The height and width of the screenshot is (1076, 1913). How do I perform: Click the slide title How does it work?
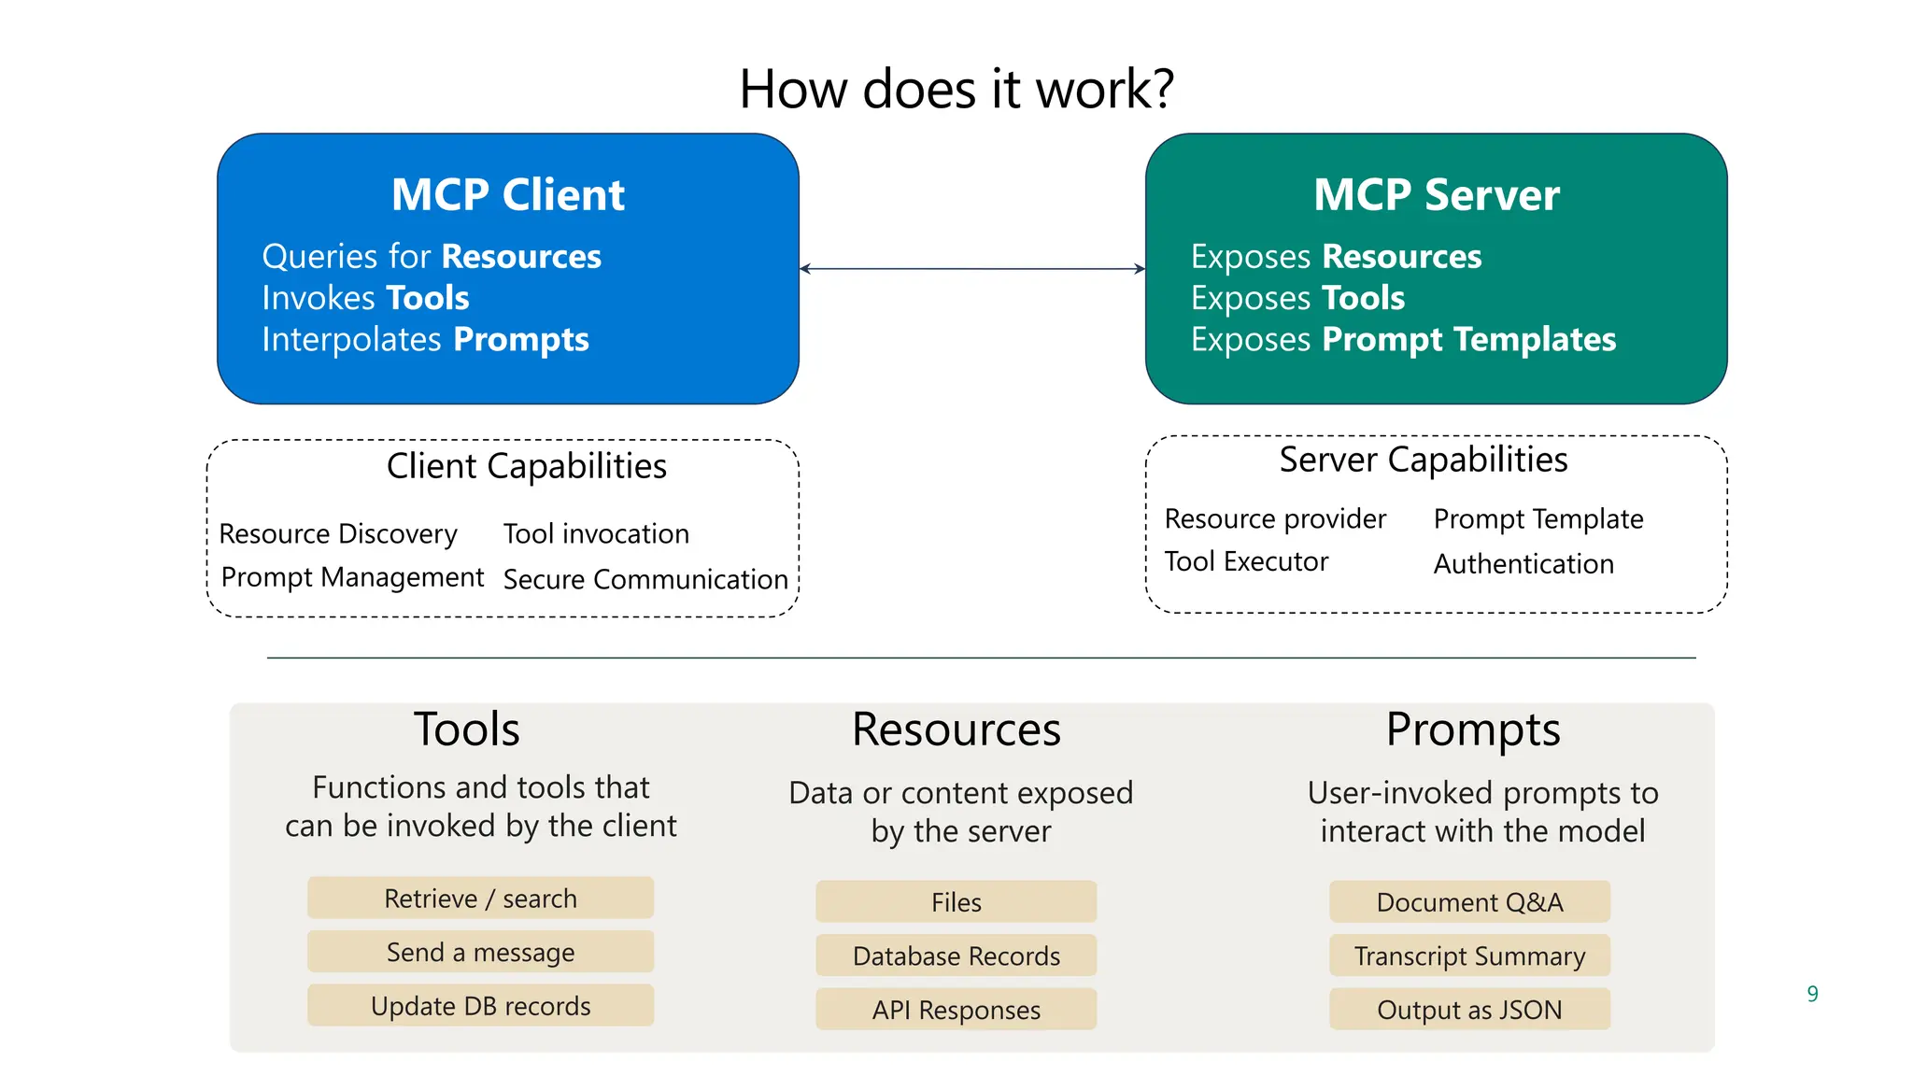pos(956,90)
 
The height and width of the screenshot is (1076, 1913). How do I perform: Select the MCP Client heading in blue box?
pos(507,194)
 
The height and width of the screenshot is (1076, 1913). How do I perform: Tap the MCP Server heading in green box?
pos(1436,194)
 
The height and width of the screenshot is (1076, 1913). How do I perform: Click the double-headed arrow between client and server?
pos(971,269)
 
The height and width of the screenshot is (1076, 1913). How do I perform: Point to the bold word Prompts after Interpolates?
pos(520,339)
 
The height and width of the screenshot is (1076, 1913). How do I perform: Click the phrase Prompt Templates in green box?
pos(1468,339)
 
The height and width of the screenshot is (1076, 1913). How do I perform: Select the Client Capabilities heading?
pos(526,465)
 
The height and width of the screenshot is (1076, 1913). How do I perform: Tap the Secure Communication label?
pos(645,579)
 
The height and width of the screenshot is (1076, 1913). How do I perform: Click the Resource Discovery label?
pos(338,533)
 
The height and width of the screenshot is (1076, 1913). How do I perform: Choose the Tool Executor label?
pos(1246,561)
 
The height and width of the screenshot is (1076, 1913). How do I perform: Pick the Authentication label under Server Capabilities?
pos(1523,563)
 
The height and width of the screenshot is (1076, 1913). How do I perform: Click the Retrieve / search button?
pos(480,898)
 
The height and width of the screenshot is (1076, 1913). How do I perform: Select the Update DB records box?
pos(480,1006)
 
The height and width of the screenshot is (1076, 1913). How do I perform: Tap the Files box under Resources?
pos(956,901)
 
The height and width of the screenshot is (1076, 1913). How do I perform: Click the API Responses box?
pos(956,1010)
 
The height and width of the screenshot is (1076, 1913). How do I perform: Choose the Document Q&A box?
pos(1469,901)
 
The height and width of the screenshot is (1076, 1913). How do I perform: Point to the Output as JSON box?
pos(1469,1010)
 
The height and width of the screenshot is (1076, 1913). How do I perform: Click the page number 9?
pos(1812,994)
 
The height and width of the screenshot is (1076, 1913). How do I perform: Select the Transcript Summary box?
pos(1469,956)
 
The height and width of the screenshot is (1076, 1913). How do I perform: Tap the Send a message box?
pos(480,952)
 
